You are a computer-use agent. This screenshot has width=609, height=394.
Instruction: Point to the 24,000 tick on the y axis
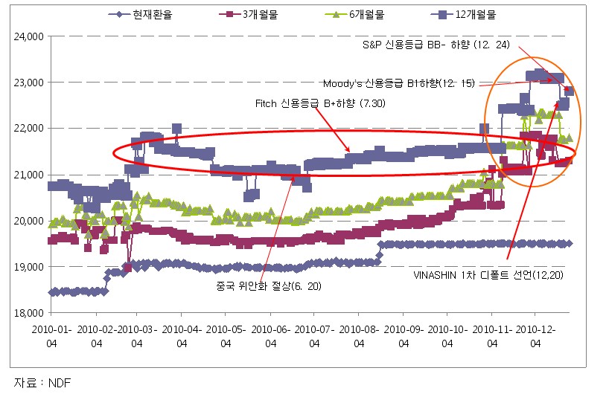coord(28,36)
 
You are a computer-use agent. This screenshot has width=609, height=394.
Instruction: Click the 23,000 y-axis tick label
coord(28,82)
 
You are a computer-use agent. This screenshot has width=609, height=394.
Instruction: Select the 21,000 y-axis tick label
coord(28,175)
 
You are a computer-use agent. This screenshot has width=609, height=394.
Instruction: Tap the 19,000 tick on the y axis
coord(28,267)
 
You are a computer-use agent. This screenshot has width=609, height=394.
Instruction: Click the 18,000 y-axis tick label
coord(28,313)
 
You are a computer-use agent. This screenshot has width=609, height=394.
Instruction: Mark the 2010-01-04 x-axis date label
coord(52,336)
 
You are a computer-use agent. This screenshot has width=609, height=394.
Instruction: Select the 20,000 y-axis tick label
coord(28,221)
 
